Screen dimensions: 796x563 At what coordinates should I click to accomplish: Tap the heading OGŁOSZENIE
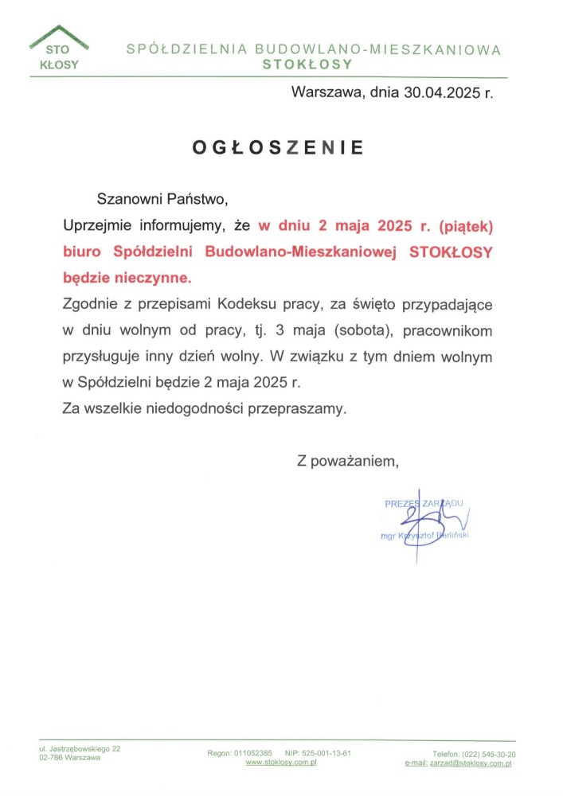pos(278,147)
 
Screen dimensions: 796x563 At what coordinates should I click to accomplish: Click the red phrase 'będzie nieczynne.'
pos(127,278)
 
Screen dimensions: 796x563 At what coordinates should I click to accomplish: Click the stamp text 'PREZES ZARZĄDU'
pos(424,504)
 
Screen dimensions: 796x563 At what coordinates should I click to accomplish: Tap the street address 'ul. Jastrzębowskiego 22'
pos(80,749)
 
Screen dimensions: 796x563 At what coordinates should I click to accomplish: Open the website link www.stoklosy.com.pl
pos(282,763)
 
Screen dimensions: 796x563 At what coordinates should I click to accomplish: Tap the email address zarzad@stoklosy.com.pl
pos(470,763)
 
